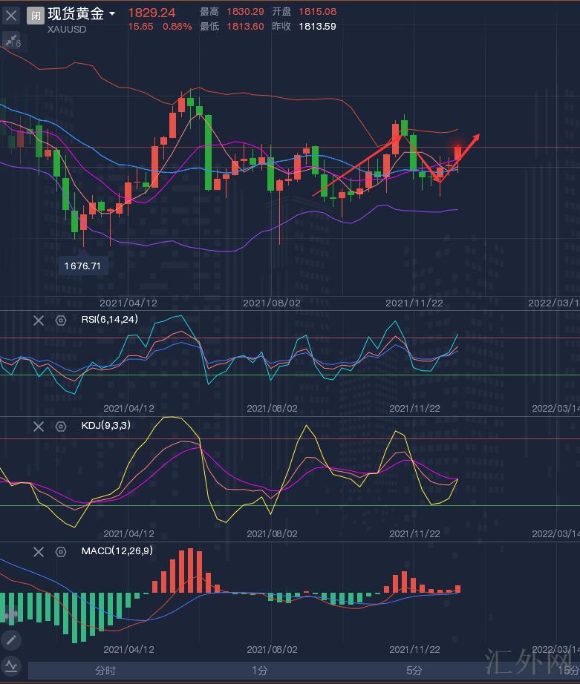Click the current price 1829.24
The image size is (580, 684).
pyautogui.click(x=151, y=13)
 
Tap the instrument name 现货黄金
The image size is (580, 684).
pyautogui.click(x=76, y=13)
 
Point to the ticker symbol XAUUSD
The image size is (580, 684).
pyautogui.click(x=67, y=29)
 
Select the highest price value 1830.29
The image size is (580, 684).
pyautogui.click(x=245, y=12)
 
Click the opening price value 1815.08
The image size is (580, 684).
pyautogui.click(x=317, y=12)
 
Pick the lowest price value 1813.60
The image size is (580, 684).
pyautogui.click(x=245, y=26)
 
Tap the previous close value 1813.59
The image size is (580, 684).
pyautogui.click(x=317, y=26)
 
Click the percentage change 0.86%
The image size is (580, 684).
pyautogui.click(x=177, y=26)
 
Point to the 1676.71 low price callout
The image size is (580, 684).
pyautogui.click(x=82, y=265)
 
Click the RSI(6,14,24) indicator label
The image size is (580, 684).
pyautogui.click(x=109, y=320)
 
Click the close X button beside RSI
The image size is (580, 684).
pyautogui.click(x=39, y=320)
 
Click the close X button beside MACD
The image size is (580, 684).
pyautogui.click(x=39, y=551)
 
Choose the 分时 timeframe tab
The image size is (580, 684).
pyautogui.click(x=105, y=671)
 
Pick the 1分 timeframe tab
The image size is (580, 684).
pyautogui.click(x=259, y=671)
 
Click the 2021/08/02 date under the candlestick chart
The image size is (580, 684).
pyautogui.click(x=271, y=303)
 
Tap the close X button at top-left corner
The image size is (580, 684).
pyautogui.click(x=12, y=15)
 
